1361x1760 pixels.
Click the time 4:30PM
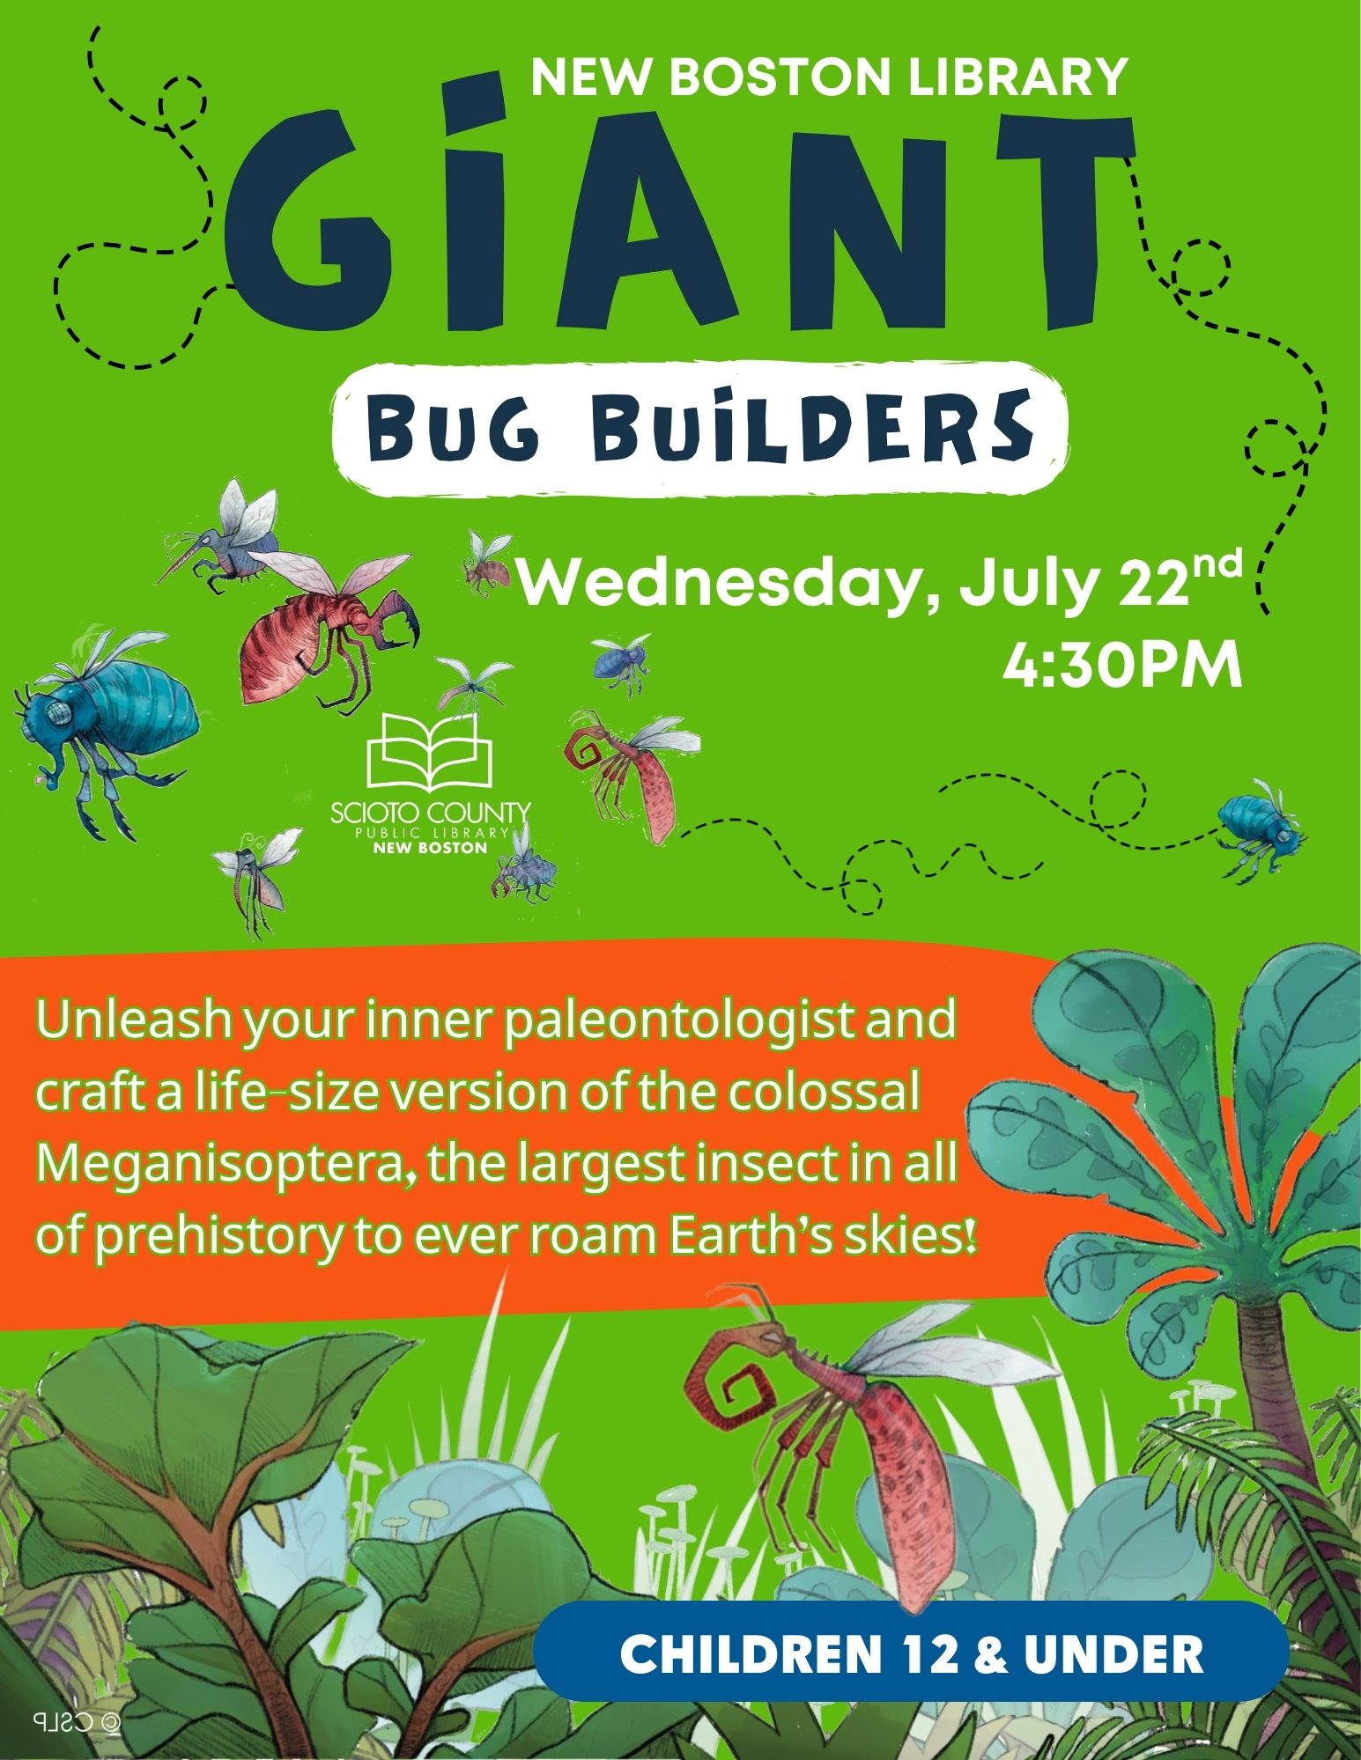pyautogui.click(x=1122, y=667)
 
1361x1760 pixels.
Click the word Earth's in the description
pyautogui.click(x=766, y=1237)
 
